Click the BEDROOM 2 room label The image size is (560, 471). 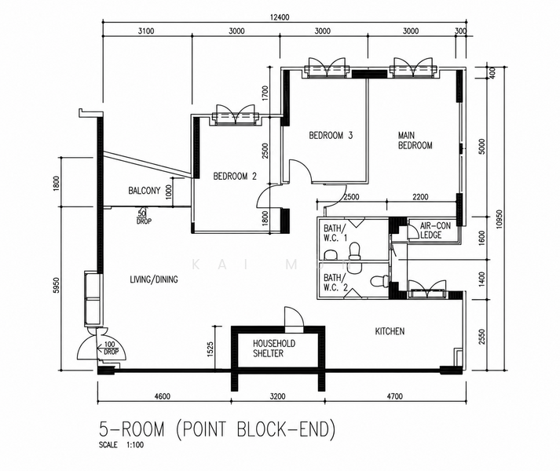[x=235, y=176]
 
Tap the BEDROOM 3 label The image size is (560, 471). [x=331, y=135]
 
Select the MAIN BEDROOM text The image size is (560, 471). [x=415, y=141]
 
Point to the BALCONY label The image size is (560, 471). [x=145, y=191]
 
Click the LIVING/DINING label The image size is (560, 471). [x=154, y=279]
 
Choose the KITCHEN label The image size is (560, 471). [x=390, y=331]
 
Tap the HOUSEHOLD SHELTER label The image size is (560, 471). [x=274, y=349]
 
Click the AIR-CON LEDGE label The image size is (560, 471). [x=435, y=230]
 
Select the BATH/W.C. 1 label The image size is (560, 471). [x=335, y=233]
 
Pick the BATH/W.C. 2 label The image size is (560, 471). [x=335, y=283]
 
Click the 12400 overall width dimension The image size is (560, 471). [x=280, y=17]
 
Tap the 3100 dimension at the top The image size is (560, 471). [x=146, y=31]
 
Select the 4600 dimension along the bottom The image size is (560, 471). [x=162, y=396]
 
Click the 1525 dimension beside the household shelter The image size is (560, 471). [x=210, y=349]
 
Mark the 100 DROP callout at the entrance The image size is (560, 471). [x=111, y=349]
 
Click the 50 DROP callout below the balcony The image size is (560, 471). [x=143, y=217]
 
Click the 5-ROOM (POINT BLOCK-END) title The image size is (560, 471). [x=218, y=429]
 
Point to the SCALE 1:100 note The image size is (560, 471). [x=122, y=445]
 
